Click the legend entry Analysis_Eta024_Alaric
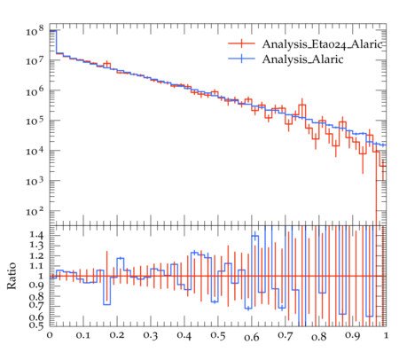322,44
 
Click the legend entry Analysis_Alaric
302,59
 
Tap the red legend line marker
241,43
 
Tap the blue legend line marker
241,59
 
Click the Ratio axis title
12,276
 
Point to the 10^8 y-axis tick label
35,30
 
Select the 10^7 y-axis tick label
35,60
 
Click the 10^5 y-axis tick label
35,121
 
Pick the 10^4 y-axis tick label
35,151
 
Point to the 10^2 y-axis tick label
35,211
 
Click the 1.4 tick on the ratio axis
36,235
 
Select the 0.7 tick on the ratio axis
36,306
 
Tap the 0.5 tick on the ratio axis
36,325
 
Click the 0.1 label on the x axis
82,335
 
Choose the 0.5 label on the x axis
218,336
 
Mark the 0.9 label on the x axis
353,336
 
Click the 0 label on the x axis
50,335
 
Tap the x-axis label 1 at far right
386,335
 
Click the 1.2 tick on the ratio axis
36,255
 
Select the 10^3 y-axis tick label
35,181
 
